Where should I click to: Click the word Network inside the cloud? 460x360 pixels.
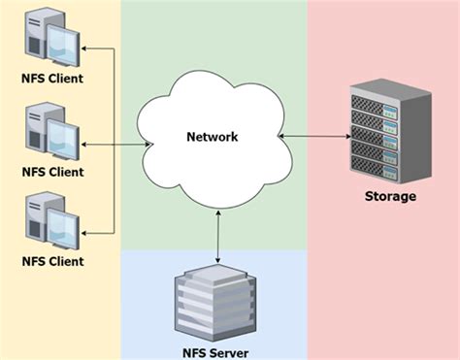coord(212,137)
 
